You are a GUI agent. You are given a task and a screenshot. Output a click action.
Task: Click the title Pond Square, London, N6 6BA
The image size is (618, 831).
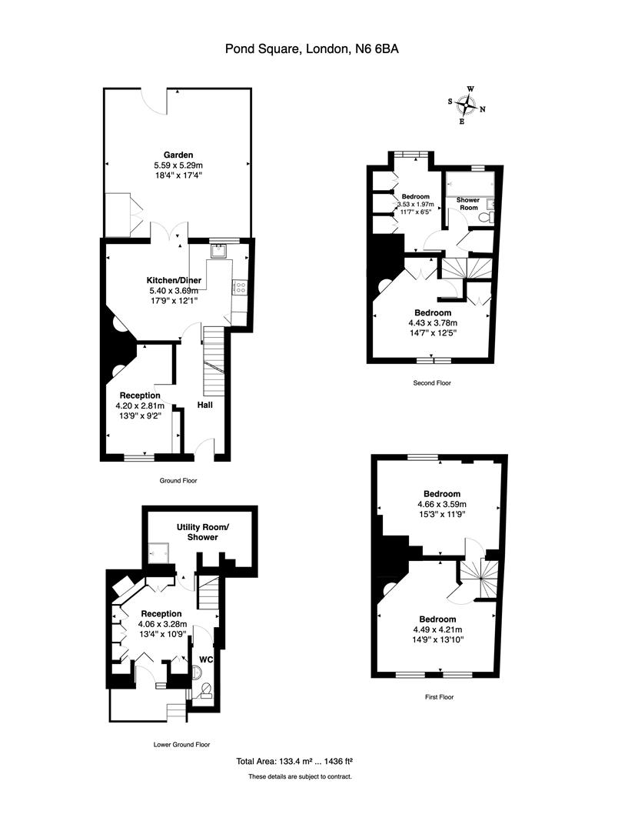click(x=311, y=49)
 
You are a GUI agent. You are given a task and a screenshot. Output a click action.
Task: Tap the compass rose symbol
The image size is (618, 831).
click(x=467, y=105)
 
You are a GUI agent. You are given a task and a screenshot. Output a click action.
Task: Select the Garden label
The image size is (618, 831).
click(x=178, y=155)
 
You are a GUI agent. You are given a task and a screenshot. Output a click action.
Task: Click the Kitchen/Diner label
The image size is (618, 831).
click(x=173, y=279)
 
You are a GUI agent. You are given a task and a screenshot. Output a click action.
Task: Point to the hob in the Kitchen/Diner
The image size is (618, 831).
click(x=240, y=288)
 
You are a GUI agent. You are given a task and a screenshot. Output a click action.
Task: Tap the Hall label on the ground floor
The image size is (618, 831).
click(x=205, y=405)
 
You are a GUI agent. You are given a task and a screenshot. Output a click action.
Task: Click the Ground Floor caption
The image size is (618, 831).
click(x=179, y=480)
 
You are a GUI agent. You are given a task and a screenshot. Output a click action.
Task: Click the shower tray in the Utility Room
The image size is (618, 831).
click(x=160, y=552)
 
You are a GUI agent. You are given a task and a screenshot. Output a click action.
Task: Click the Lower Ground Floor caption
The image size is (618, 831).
click(x=182, y=744)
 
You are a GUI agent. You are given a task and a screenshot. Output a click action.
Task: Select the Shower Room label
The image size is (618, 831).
click(x=468, y=204)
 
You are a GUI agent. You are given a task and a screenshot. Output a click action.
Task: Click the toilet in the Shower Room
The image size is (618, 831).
click(x=485, y=219)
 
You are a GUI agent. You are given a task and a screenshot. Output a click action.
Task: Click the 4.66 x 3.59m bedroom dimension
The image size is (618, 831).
click(x=441, y=504)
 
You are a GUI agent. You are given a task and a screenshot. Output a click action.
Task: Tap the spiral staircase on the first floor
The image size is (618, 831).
click(x=479, y=577)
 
